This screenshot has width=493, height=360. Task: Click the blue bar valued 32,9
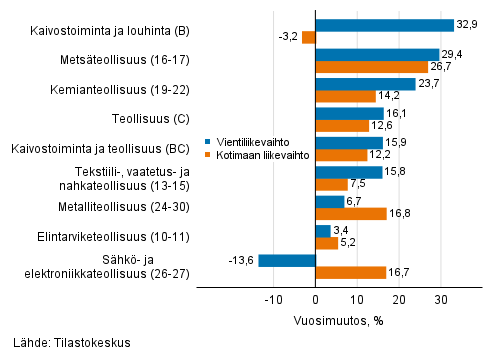384,25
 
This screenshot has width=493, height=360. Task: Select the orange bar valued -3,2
309,38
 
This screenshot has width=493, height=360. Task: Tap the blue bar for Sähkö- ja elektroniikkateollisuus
287,260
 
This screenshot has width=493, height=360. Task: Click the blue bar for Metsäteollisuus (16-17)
377,55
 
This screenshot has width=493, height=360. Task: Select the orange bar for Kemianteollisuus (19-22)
345,96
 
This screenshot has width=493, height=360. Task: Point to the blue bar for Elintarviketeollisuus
323,231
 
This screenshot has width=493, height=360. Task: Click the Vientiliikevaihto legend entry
241,142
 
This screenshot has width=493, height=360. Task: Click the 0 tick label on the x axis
315,300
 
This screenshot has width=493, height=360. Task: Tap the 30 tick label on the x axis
440,300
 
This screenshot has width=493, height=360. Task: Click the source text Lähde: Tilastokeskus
66,342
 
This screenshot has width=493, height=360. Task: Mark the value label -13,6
241,260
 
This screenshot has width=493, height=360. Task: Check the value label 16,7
399,272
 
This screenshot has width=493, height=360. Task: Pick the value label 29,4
454,55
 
